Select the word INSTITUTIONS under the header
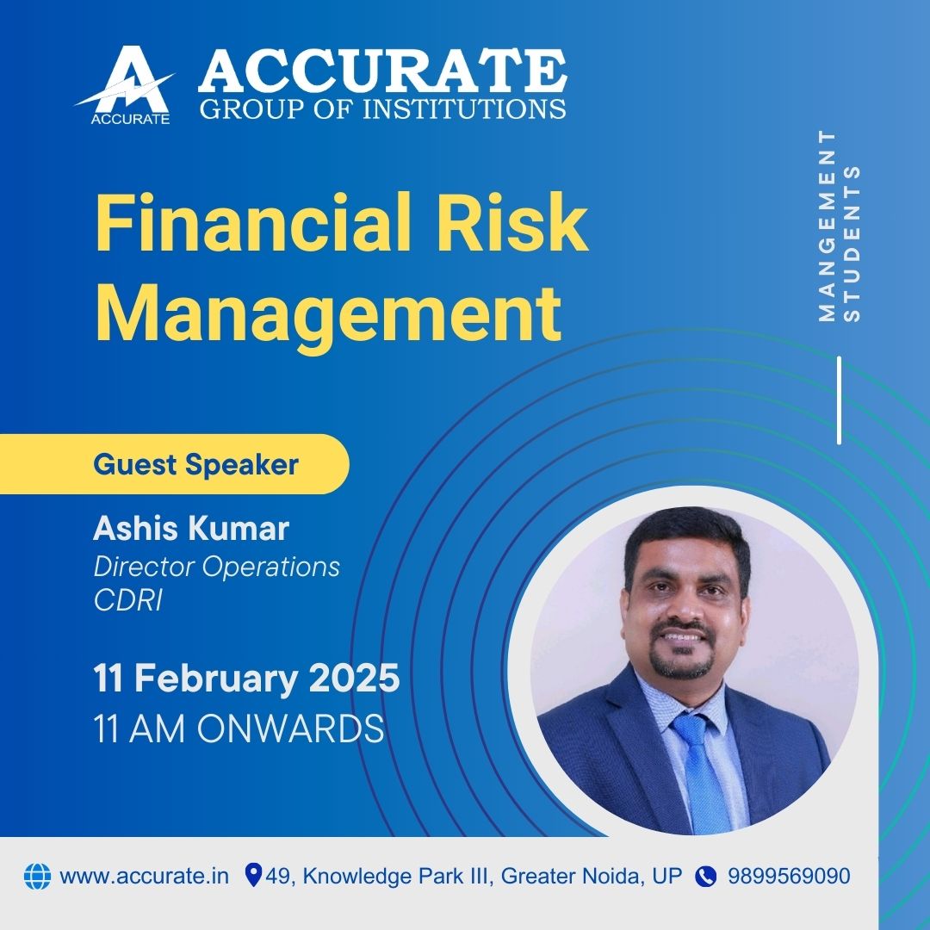point(464,108)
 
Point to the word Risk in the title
point(513,222)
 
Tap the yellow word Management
point(328,314)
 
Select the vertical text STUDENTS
point(852,243)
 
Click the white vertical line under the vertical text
point(839,400)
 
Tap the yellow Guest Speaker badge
point(174,464)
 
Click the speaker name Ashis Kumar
point(191,528)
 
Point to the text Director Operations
point(216,567)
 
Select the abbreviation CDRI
point(127,600)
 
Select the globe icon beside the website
point(37,876)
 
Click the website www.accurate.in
point(144,876)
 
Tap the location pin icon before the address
point(253,876)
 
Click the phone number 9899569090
point(789,876)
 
